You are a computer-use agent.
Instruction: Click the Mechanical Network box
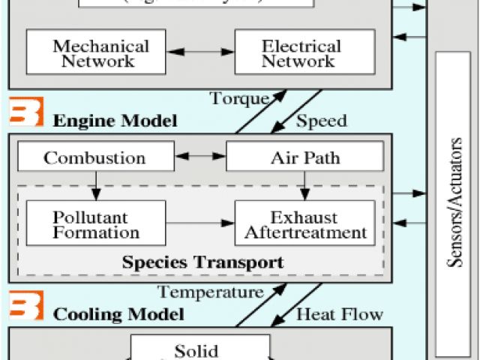click(x=96, y=52)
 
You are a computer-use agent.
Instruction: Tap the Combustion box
click(x=94, y=158)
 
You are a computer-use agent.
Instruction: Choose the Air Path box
click(x=304, y=158)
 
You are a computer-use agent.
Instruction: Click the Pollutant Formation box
click(x=96, y=223)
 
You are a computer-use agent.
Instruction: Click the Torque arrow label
click(x=239, y=99)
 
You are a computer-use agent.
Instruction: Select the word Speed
click(x=322, y=120)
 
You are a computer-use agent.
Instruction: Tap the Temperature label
click(x=211, y=292)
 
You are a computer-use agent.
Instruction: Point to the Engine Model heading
click(x=115, y=120)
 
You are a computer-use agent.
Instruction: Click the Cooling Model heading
click(x=118, y=313)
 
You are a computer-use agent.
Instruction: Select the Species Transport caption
click(x=202, y=262)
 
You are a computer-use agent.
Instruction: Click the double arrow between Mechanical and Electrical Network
click(x=200, y=52)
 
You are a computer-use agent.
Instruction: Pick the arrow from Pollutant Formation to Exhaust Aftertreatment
click(x=200, y=223)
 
